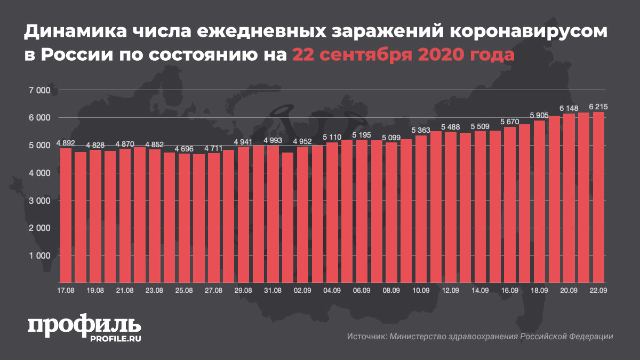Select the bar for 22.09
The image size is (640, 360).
[598, 197]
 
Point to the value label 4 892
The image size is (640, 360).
[66, 143]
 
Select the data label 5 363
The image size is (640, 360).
[421, 131]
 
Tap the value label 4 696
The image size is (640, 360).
[184, 149]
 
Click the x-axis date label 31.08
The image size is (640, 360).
[273, 290]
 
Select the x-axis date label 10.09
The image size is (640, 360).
[421, 290]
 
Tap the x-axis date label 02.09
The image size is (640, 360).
[302, 290]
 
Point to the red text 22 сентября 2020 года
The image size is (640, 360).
[403, 55]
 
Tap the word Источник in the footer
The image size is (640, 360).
[366, 337]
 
